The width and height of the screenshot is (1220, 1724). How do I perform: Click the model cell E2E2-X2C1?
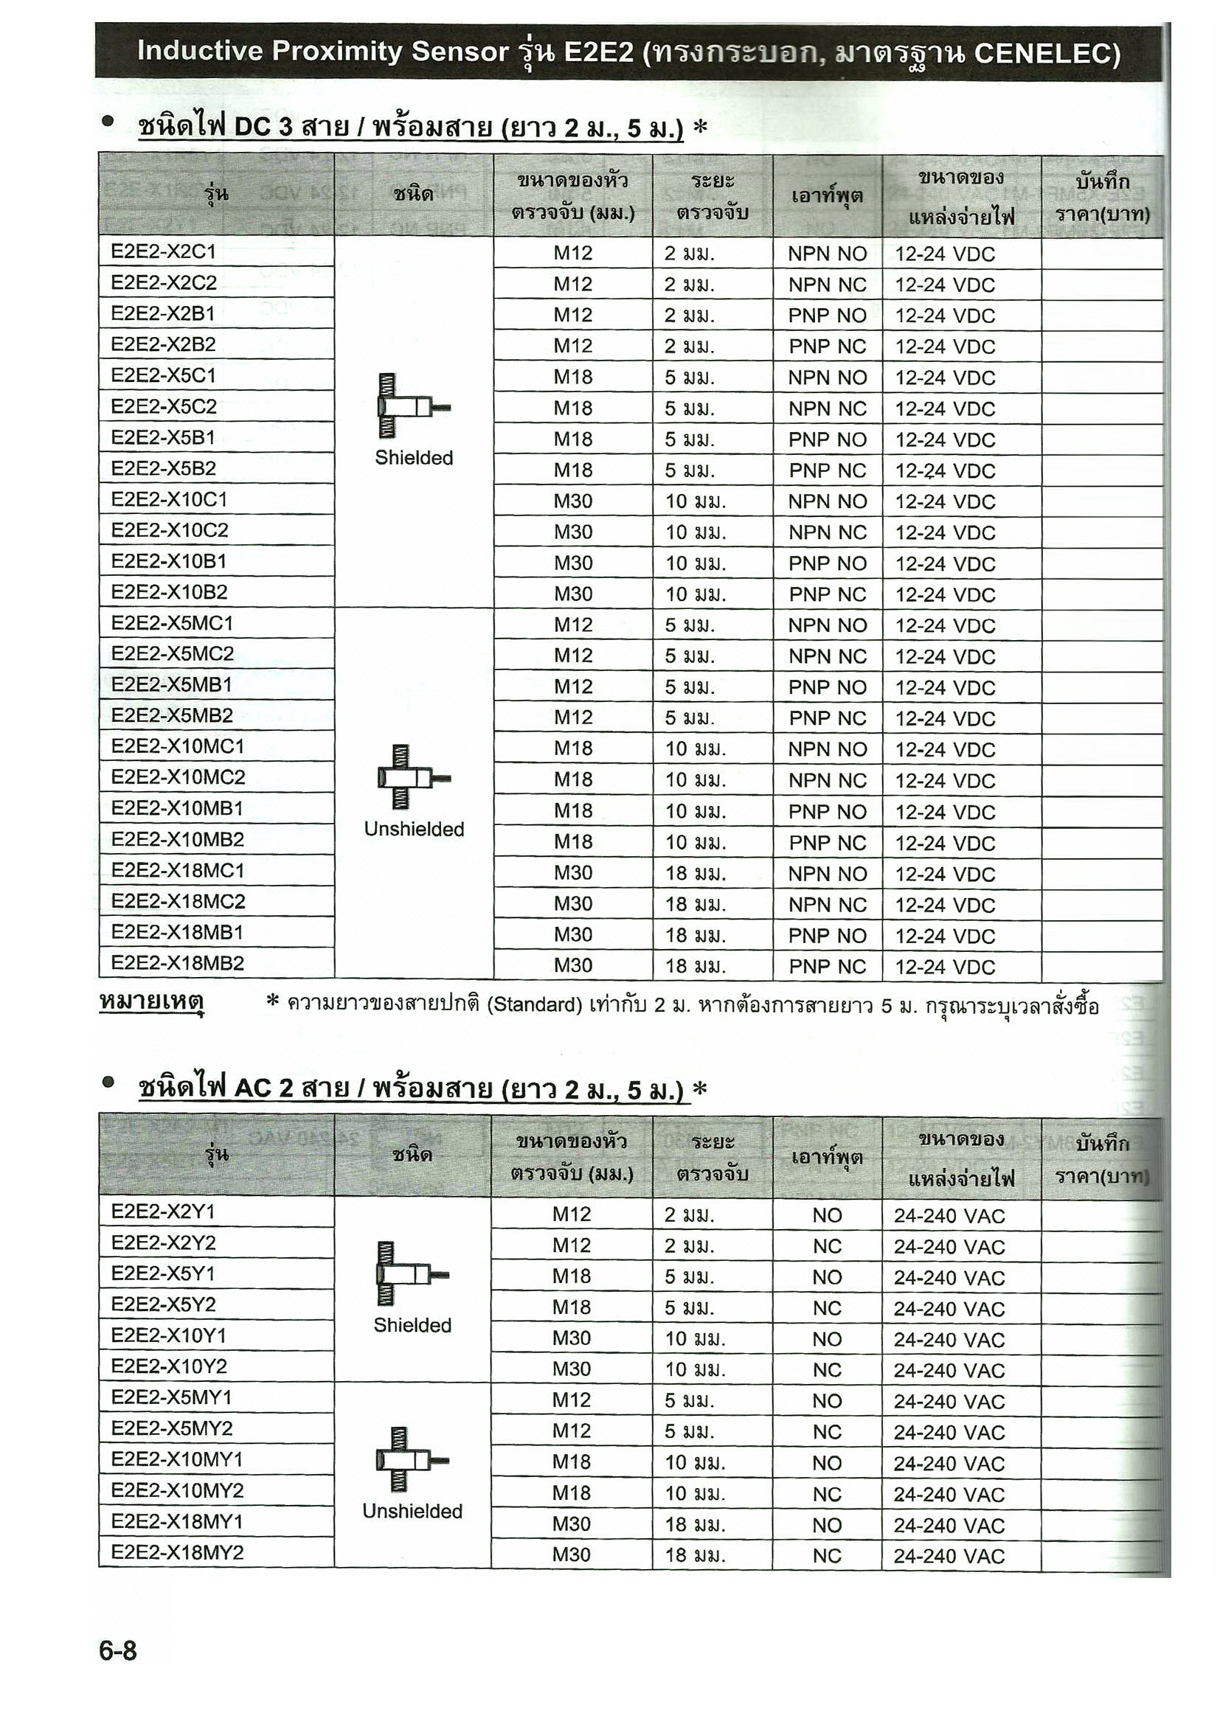163,251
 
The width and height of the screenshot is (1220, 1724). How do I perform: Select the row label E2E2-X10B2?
169,592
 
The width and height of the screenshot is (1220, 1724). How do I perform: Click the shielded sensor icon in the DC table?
412,406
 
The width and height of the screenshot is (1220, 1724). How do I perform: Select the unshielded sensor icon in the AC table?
409,1460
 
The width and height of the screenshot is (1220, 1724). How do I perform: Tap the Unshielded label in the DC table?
414,829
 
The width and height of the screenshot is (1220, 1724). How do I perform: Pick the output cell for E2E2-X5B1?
827,440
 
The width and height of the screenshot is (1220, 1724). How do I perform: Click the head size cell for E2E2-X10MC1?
572,748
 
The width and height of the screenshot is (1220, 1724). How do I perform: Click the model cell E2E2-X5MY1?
171,1397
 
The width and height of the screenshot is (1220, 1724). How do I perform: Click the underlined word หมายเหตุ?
151,1002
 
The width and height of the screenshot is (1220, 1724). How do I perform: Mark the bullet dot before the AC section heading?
109,1082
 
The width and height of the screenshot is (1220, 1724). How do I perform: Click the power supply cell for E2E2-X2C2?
944,285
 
